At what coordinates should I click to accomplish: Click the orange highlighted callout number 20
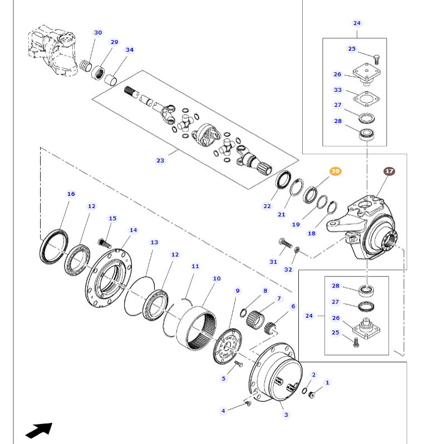335,171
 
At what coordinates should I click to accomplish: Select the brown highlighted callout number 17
389,171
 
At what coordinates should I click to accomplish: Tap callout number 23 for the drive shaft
160,160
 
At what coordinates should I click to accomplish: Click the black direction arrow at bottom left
38,430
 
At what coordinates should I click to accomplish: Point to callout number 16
71,194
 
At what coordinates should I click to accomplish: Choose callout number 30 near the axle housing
98,33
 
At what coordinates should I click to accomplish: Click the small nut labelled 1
312,394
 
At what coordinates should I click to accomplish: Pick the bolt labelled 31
282,243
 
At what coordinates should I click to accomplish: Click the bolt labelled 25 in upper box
376,58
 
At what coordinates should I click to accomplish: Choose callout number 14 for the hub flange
133,230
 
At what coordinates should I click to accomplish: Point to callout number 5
224,379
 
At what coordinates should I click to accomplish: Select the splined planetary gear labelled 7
259,319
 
